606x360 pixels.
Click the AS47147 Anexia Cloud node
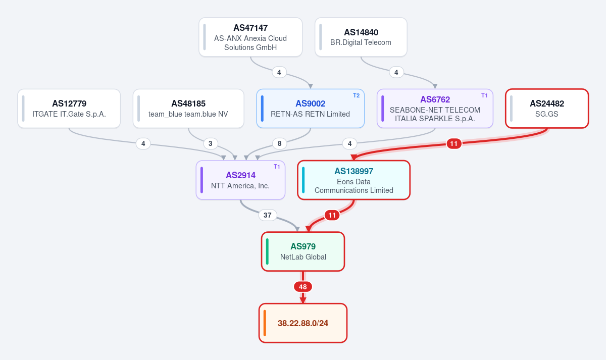click(x=250, y=37)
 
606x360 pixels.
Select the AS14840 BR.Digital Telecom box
click(x=361, y=37)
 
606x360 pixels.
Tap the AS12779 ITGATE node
click(x=69, y=109)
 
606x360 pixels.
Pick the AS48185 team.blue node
click(x=188, y=109)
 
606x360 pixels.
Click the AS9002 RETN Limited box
click(x=310, y=109)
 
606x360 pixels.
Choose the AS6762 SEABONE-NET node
click(x=435, y=109)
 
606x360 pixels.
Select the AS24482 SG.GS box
click(x=547, y=109)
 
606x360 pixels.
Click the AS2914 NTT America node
click(x=240, y=180)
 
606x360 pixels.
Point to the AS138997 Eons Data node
click(x=353, y=180)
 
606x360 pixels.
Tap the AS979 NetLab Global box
click(x=302, y=251)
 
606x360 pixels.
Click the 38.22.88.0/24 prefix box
click(x=302, y=323)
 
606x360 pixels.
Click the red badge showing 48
click(x=302, y=287)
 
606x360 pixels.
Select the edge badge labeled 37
click(x=268, y=215)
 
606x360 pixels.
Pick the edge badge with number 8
click(x=279, y=143)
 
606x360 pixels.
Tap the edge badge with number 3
click(x=210, y=143)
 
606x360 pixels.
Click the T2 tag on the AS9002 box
click(x=356, y=95)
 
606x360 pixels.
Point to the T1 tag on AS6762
click(x=484, y=95)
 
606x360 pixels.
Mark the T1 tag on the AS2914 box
click(x=277, y=167)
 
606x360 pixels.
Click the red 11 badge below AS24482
click(x=454, y=143)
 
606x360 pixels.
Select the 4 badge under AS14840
click(x=396, y=72)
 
